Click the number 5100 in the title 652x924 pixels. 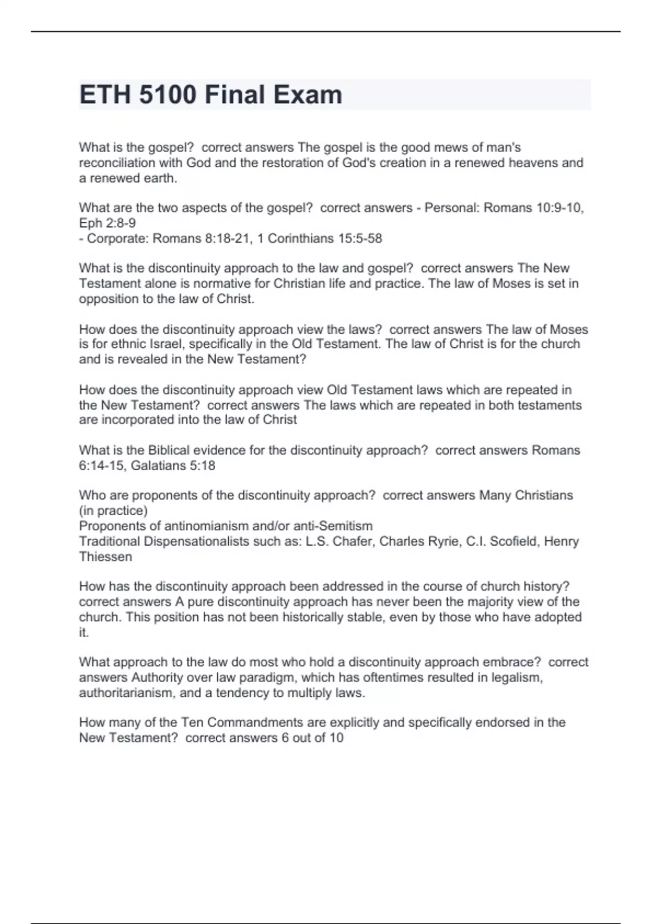(167, 95)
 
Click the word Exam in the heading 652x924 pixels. (308, 95)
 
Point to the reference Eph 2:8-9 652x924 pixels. (108, 223)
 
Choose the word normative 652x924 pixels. (244, 283)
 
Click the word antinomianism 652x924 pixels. (214, 526)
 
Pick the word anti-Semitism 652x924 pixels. (333, 526)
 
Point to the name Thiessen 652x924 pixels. (105, 557)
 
